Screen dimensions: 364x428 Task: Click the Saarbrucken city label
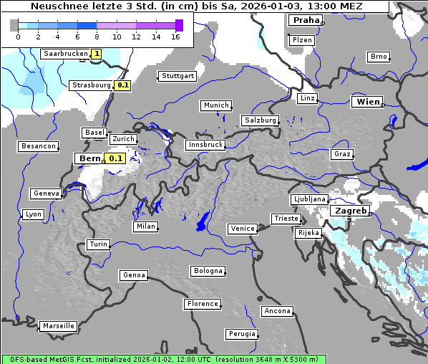pyautogui.click(x=65, y=54)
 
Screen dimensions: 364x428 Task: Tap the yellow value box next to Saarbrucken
pyautogui.click(x=97, y=54)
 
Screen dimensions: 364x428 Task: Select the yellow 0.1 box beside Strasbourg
pyautogui.click(x=123, y=85)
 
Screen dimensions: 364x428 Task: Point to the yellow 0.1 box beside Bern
pyautogui.click(x=115, y=158)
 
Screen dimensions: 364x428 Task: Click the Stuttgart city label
pyautogui.click(x=177, y=76)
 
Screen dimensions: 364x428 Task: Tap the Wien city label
pyautogui.click(x=367, y=102)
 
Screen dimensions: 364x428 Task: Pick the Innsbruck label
pyautogui.click(x=205, y=145)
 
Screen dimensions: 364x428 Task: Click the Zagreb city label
pyautogui.click(x=350, y=211)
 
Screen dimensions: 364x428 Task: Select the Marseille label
pyautogui.click(x=58, y=326)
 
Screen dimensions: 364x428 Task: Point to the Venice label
pyautogui.click(x=242, y=229)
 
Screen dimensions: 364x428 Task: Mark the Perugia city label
pyautogui.click(x=241, y=334)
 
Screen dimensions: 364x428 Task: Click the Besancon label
pyautogui.click(x=39, y=146)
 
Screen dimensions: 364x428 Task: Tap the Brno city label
pyautogui.click(x=378, y=57)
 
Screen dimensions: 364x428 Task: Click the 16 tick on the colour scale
pyautogui.click(x=175, y=37)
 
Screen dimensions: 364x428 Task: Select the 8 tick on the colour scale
pyautogui.click(x=97, y=37)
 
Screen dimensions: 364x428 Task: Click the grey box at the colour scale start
pyautogui.click(x=14, y=25)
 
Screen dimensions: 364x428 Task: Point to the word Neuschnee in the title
pyautogui.click(x=60, y=6)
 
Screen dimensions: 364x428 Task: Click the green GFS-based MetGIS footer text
pyautogui.click(x=163, y=359)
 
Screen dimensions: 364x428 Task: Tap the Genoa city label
pyautogui.click(x=134, y=275)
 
